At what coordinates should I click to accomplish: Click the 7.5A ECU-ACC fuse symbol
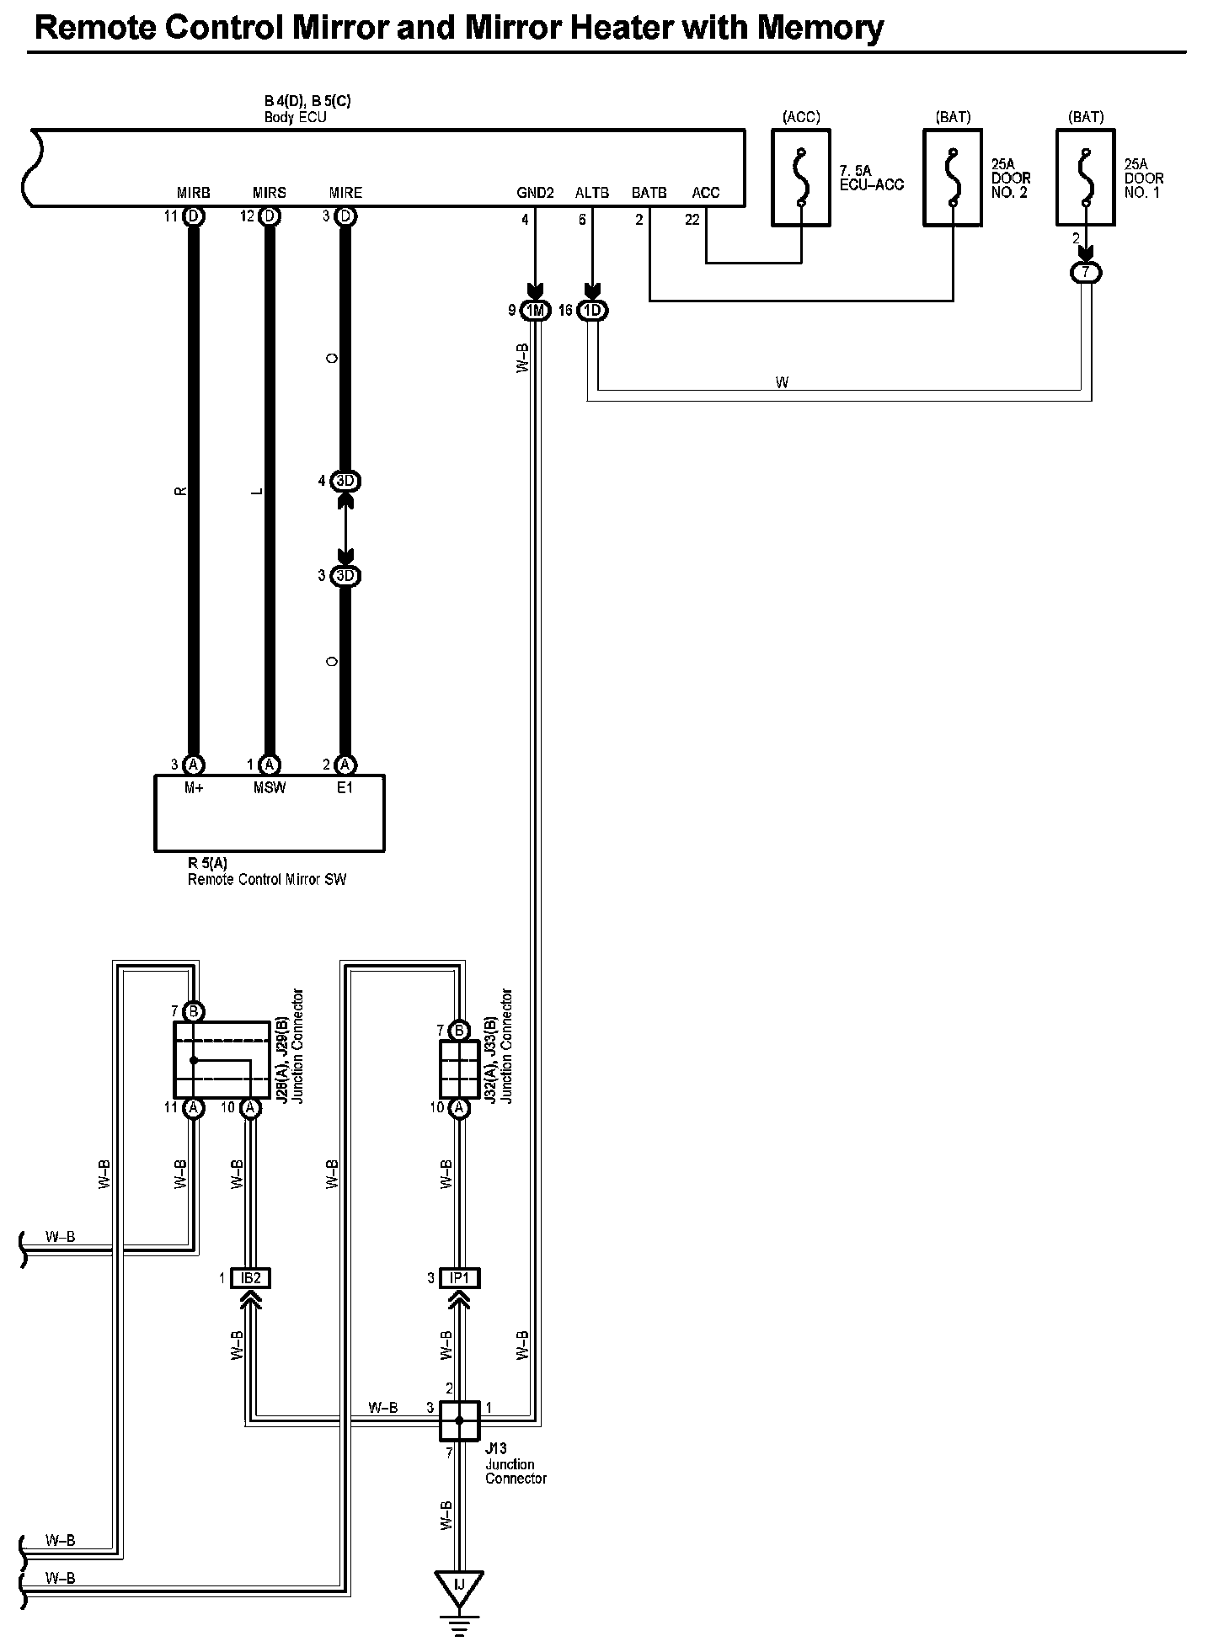(801, 178)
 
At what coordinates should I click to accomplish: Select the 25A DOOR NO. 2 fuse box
(953, 178)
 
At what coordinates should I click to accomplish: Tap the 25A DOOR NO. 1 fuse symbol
(1086, 178)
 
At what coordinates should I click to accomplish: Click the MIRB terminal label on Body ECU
(193, 193)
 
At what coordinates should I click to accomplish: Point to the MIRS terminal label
(269, 193)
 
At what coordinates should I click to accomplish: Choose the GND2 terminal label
(535, 193)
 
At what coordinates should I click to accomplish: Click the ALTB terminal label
(591, 193)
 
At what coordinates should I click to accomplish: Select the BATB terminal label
(649, 193)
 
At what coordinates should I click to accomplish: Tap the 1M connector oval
(535, 311)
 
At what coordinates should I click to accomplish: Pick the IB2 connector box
(250, 1278)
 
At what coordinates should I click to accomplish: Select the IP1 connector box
(458, 1278)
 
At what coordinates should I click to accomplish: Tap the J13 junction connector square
(459, 1421)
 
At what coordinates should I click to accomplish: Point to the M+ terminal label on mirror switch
(194, 788)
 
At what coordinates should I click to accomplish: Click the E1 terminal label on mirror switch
(345, 788)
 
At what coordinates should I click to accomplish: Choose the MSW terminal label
(270, 788)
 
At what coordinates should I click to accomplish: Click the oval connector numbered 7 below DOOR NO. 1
(1086, 273)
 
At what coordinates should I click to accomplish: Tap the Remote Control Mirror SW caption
(267, 880)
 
